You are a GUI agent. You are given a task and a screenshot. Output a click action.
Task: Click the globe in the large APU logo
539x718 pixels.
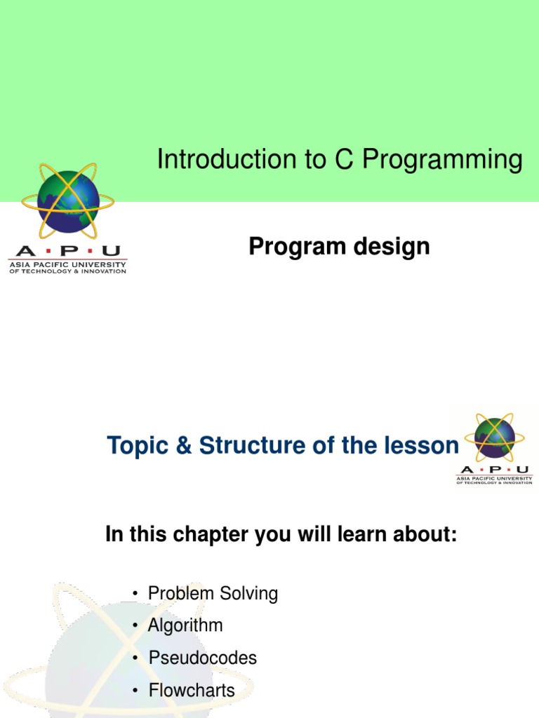(x=68, y=201)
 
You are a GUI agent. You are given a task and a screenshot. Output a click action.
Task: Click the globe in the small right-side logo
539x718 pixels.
(x=494, y=438)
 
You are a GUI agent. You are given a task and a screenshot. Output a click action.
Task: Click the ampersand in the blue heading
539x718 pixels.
(x=182, y=446)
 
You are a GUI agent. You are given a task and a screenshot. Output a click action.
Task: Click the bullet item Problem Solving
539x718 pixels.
(x=213, y=594)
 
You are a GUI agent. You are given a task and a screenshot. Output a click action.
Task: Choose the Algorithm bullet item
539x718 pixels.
(x=185, y=625)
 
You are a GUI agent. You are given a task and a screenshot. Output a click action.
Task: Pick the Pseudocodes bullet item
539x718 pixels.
(x=202, y=658)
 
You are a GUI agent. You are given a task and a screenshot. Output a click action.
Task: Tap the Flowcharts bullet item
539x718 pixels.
(x=192, y=691)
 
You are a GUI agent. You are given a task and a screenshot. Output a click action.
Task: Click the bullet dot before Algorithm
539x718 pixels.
(x=135, y=626)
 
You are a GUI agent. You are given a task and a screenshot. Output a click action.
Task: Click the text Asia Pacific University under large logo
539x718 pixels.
(x=67, y=264)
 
